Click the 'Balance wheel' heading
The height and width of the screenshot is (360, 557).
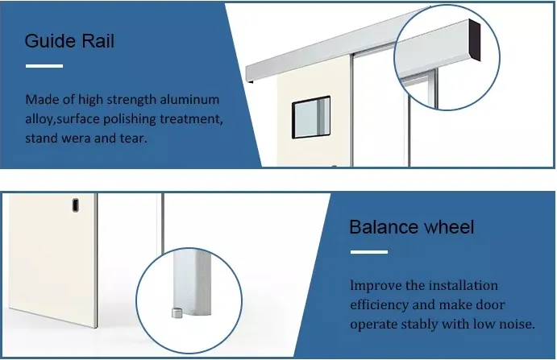[411, 228]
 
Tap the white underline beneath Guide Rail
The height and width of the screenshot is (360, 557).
[44, 65]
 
